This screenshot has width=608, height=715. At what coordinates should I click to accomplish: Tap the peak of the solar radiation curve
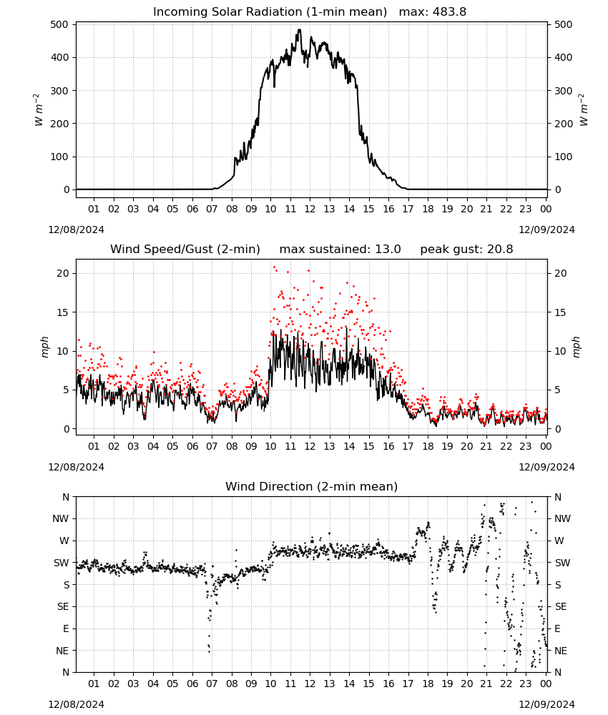coord(300,29)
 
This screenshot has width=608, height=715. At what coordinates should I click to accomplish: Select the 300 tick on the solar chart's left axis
coord(60,90)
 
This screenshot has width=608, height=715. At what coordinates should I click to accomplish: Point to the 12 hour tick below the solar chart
coord(310,209)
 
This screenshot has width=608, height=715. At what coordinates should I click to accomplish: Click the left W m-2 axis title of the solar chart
coord(39,110)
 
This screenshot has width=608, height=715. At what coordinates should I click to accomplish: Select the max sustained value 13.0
coord(388,249)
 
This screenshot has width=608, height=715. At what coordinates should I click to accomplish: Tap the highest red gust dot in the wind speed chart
coord(274,267)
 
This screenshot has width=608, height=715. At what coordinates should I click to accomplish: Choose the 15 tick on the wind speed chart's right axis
coord(560,312)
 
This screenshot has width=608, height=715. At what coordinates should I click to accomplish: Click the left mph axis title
coord(44,347)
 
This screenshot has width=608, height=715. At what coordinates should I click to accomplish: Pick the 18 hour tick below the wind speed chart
coord(428,446)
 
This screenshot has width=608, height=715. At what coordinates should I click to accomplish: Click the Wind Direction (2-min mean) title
coord(312,486)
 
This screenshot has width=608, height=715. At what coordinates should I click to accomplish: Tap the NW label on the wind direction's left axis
coord(61,518)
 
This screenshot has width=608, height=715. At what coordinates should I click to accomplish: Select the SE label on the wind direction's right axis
coord(561,606)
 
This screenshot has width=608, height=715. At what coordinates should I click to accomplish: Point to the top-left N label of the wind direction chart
coord(66,497)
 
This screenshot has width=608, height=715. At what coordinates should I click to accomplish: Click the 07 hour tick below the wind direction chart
coord(212,684)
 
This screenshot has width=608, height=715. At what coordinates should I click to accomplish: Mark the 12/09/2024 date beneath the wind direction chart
coord(546,704)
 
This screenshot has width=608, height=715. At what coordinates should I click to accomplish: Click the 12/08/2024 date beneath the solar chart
coord(76,230)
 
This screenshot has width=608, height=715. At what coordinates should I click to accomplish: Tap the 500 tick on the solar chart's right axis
coord(564,24)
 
